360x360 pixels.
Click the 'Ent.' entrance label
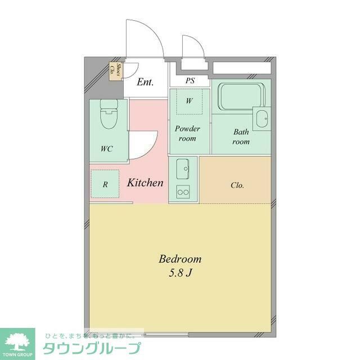click(146, 82)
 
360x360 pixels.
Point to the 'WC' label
click(106, 149)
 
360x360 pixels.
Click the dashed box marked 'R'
click(105, 183)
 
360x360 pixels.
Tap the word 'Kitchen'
click(145, 183)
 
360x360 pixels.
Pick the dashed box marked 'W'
click(190, 102)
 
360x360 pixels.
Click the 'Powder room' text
click(187, 133)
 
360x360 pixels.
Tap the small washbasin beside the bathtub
click(262, 118)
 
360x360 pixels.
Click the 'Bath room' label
click(241, 137)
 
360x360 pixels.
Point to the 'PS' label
click(190, 81)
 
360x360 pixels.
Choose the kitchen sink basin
click(183, 168)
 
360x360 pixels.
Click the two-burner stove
click(183, 192)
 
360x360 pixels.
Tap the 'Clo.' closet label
click(237, 185)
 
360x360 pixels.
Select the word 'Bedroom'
click(180, 259)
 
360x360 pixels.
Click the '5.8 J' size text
click(180, 274)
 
